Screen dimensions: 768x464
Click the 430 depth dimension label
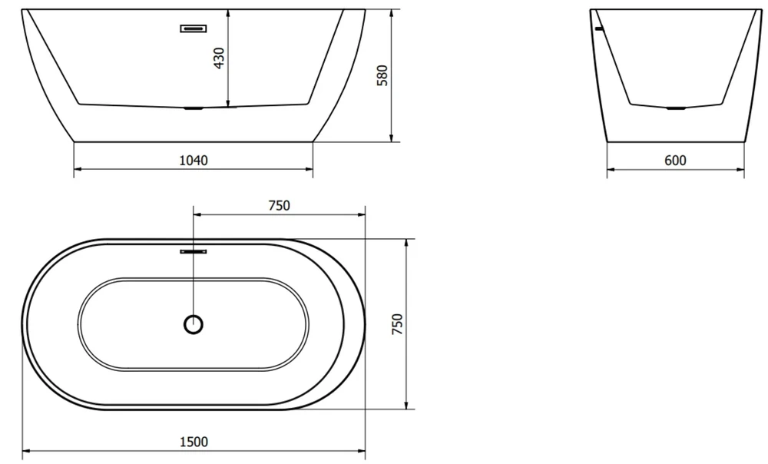(220, 58)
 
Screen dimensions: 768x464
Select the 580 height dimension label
(382, 75)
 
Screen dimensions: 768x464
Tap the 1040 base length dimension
(194, 161)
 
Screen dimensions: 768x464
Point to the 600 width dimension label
(675, 161)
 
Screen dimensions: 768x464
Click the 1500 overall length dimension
(194, 442)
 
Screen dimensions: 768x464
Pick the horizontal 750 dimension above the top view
(280, 205)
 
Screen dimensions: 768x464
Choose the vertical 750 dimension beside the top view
(397, 324)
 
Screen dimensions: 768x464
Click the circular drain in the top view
(194, 324)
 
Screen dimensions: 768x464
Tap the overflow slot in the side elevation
(194, 28)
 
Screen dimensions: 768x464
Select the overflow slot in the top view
(194, 251)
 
